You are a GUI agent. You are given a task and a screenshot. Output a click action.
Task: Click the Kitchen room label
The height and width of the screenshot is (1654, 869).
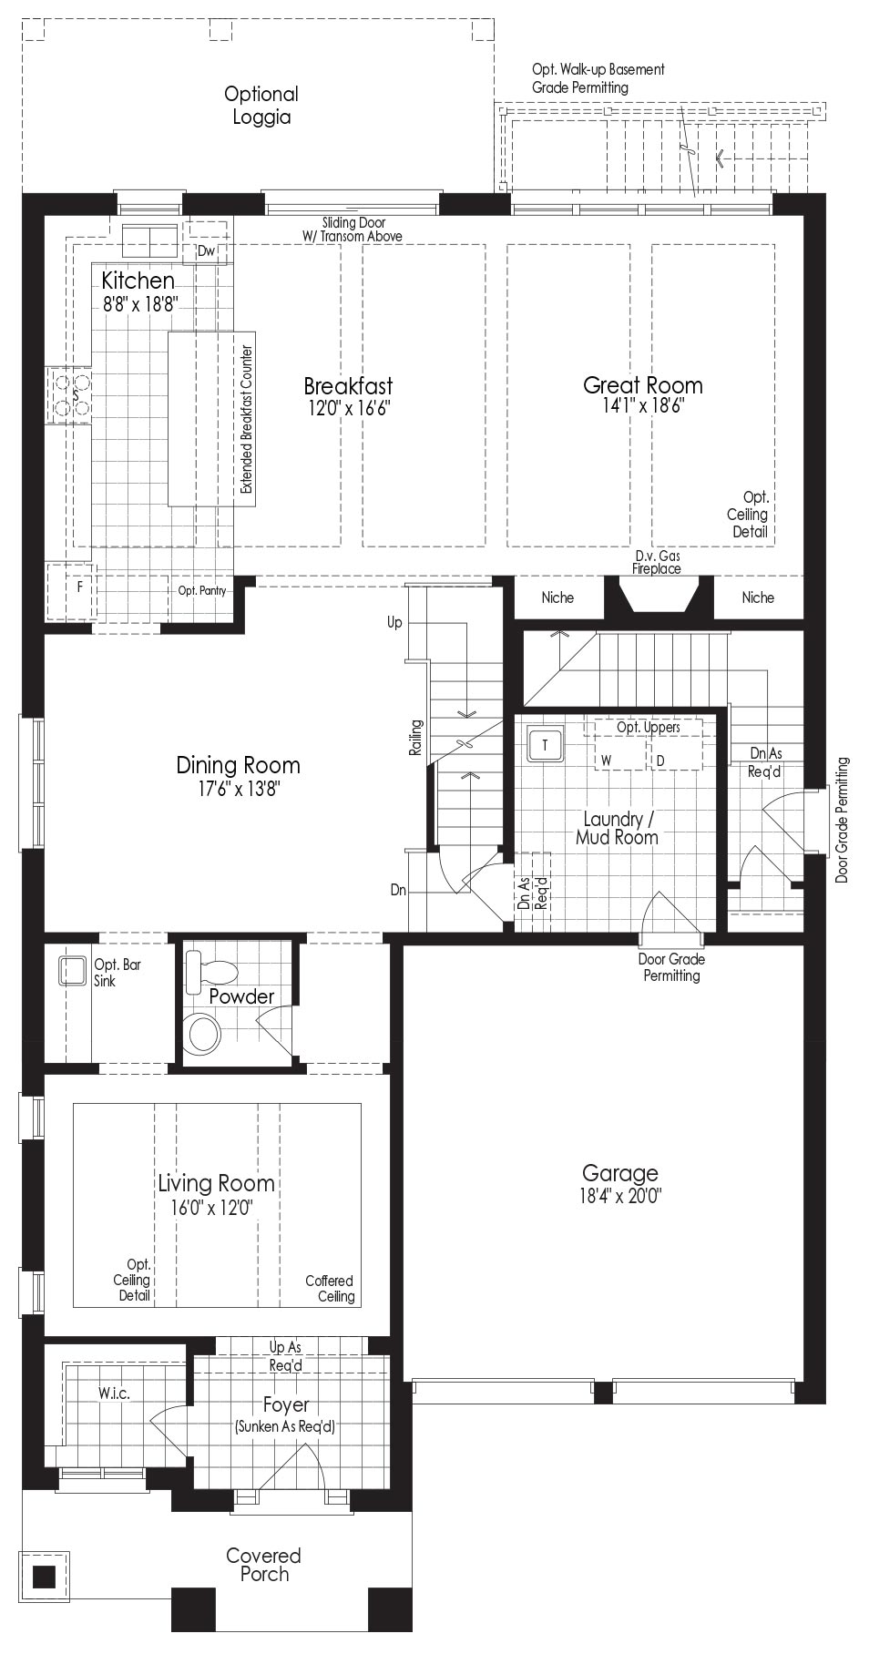[x=138, y=280]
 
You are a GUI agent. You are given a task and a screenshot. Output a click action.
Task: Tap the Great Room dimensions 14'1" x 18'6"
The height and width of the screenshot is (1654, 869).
[x=643, y=406]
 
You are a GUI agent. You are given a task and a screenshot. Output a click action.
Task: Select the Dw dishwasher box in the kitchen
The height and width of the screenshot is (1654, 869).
[x=206, y=251]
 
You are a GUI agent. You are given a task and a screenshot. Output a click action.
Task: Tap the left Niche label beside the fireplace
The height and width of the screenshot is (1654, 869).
[x=557, y=597]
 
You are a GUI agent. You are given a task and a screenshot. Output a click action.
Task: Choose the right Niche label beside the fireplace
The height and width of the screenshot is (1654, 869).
[x=758, y=597]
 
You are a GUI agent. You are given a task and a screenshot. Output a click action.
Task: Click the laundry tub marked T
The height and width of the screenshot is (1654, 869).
[x=546, y=745]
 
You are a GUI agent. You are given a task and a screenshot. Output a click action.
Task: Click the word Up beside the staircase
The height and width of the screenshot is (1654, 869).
[x=394, y=623]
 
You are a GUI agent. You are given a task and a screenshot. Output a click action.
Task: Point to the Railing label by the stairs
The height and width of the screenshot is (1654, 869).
[x=416, y=738]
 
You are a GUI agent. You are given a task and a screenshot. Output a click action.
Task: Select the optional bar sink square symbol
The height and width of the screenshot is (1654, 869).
[x=73, y=970]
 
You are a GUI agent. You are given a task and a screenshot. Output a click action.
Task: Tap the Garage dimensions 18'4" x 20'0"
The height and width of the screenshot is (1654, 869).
[x=619, y=1196]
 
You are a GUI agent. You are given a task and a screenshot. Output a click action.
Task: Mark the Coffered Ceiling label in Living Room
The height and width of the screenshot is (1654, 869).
[x=330, y=1289]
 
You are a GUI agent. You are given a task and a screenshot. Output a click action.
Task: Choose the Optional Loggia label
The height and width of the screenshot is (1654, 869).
[x=261, y=106]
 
